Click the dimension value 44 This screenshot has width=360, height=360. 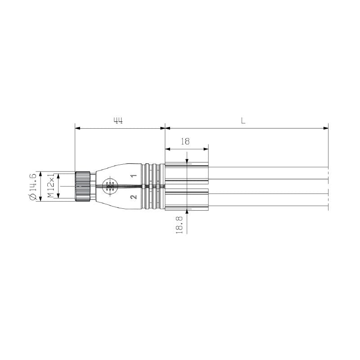click(118, 121)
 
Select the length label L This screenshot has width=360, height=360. click(243, 121)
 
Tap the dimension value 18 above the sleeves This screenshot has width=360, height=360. click(184, 141)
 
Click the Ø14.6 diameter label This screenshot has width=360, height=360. click(33, 186)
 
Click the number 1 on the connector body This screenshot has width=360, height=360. click(133, 175)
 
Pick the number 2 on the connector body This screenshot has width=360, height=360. click(133, 197)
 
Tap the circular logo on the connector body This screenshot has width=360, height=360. click(109, 186)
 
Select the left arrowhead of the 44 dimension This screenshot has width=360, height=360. click(78, 128)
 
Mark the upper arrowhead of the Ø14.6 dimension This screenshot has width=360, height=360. click(41, 174)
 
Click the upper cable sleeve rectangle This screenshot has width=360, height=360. click(187, 173)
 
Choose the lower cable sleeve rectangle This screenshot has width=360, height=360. click(187, 199)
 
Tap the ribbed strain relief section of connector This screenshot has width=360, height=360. click(153, 186)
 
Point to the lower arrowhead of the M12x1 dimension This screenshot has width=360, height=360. click(58, 196)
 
